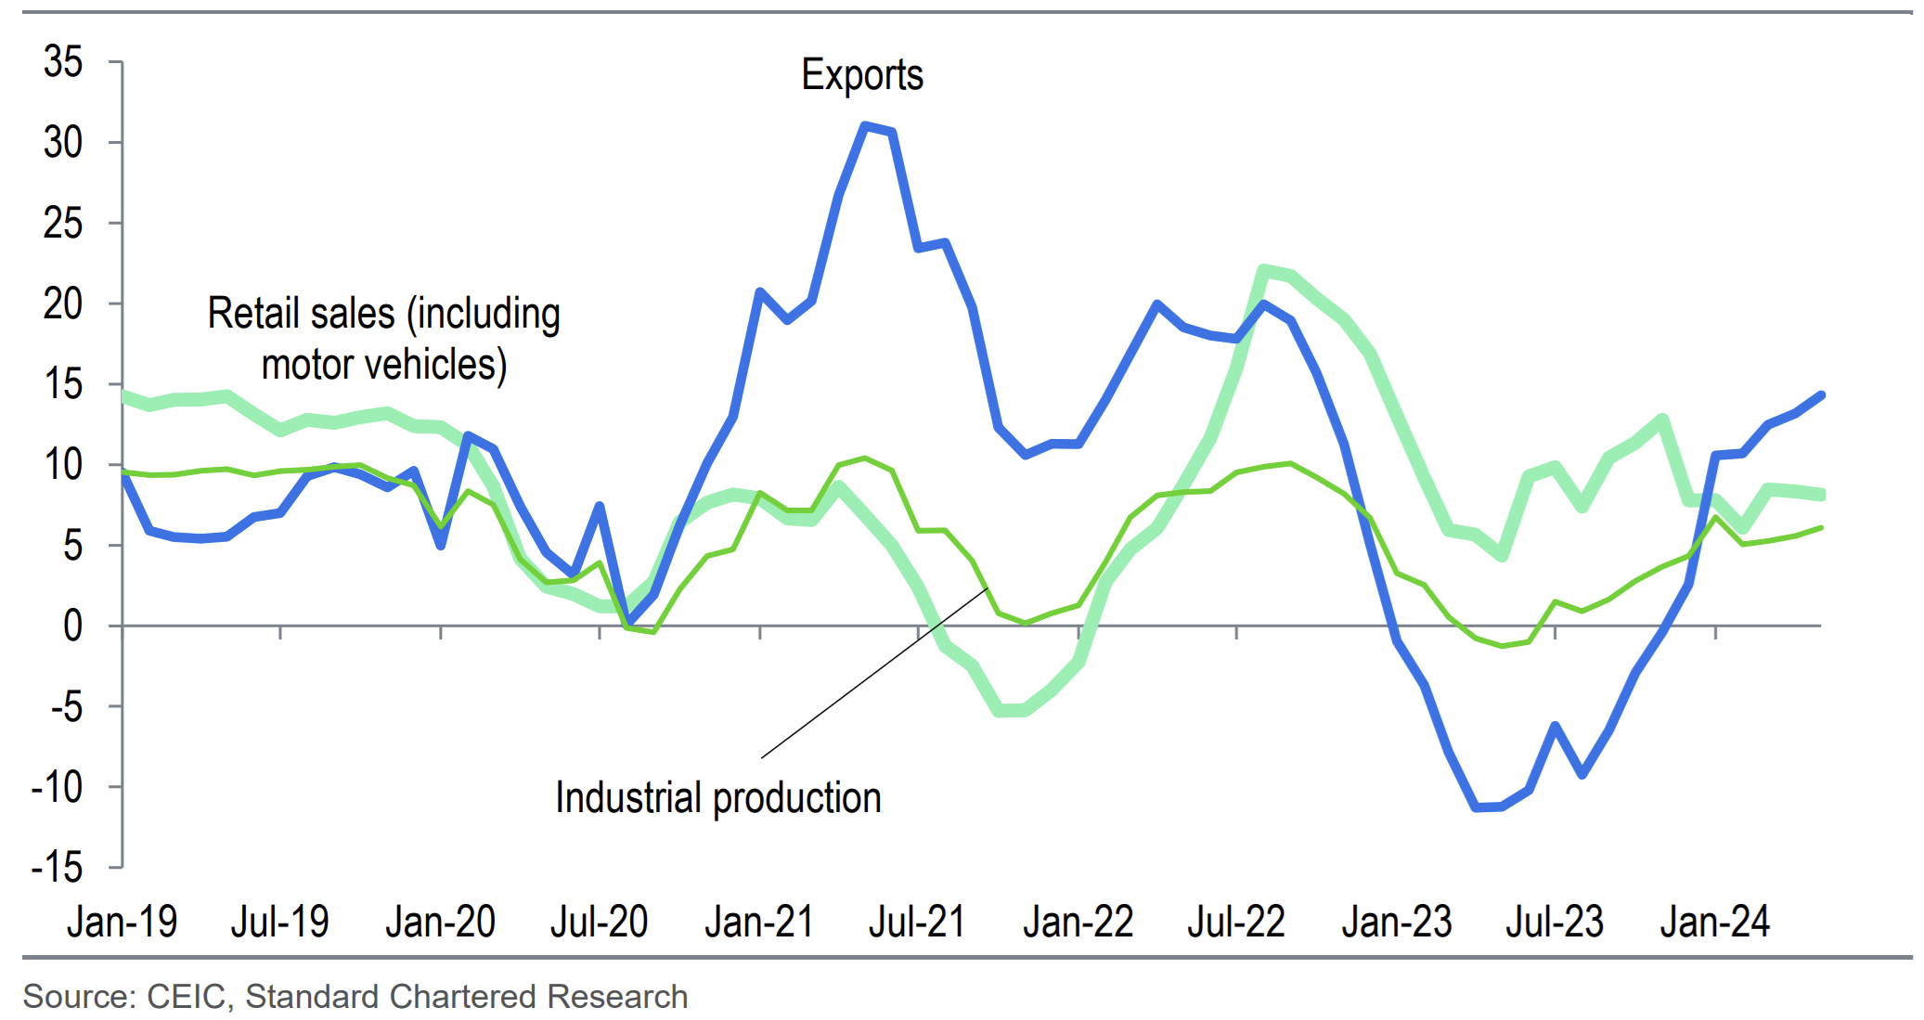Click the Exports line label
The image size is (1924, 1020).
tap(862, 75)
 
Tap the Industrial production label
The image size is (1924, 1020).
tap(717, 798)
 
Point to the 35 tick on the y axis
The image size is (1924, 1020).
tap(63, 62)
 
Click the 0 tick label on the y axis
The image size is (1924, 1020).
tap(72, 626)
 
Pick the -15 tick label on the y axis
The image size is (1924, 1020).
tap(58, 868)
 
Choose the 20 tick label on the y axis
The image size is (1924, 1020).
tap(63, 304)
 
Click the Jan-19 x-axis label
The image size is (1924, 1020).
tap(122, 922)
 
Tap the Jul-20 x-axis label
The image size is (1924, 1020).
tap(599, 922)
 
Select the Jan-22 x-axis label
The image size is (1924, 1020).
tap(1078, 922)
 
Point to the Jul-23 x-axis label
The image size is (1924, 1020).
tap(1555, 922)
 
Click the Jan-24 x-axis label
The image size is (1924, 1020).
tap(1714, 922)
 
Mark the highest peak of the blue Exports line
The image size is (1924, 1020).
tap(865, 125)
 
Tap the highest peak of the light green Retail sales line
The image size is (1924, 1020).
tap(1263, 270)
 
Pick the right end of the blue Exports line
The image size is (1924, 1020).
tap(1821, 395)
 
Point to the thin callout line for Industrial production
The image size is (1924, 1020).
tap(872, 674)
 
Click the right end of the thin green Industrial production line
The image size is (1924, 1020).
tap(1821, 528)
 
